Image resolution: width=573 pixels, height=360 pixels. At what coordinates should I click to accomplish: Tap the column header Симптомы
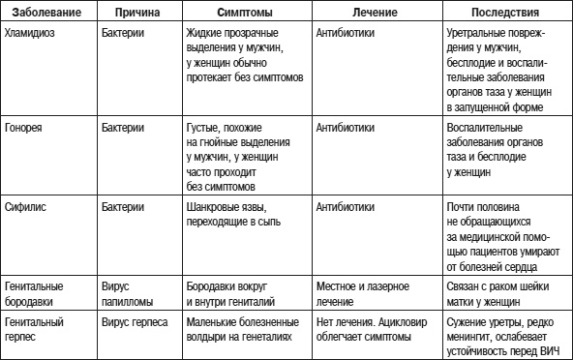point(244,15)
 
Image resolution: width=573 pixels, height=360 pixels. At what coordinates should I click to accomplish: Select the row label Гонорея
point(24,127)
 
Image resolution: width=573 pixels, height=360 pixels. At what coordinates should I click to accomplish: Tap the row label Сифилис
point(26,207)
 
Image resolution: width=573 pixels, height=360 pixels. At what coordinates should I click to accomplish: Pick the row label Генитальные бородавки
point(35,294)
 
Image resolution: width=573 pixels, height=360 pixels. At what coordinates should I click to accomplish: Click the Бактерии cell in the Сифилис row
point(123,207)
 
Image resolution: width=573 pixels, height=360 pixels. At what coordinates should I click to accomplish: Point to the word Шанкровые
point(212,207)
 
